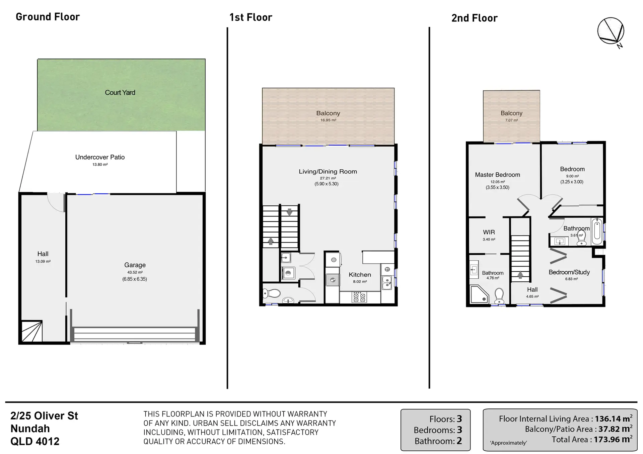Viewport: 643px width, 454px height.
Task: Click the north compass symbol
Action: point(611,31)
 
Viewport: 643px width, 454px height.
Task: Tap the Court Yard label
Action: point(120,93)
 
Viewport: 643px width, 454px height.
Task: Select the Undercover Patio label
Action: point(100,157)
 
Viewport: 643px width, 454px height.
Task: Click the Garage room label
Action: point(135,265)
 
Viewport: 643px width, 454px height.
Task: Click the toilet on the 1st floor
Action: point(272,294)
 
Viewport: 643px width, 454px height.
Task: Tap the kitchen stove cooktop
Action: point(359,297)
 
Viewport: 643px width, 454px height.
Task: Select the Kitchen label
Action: point(360,275)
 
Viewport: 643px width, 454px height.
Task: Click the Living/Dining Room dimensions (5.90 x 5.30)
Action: point(327,184)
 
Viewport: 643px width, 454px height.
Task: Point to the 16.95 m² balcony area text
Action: point(328,120)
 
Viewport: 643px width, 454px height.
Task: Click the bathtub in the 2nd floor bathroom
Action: point(597,231)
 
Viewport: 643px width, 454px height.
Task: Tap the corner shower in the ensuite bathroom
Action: point(479,294)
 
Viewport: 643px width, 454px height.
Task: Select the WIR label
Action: point(489,232)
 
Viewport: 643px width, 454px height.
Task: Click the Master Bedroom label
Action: point(497,175)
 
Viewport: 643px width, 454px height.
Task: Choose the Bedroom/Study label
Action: point(569,272)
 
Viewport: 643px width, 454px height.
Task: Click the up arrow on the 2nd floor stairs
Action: point(520,275)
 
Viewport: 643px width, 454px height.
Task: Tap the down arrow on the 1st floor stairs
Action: point(289,212)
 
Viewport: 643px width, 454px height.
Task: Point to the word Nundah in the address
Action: point(30,429)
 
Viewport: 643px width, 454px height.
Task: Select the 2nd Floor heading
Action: point(474,18)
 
